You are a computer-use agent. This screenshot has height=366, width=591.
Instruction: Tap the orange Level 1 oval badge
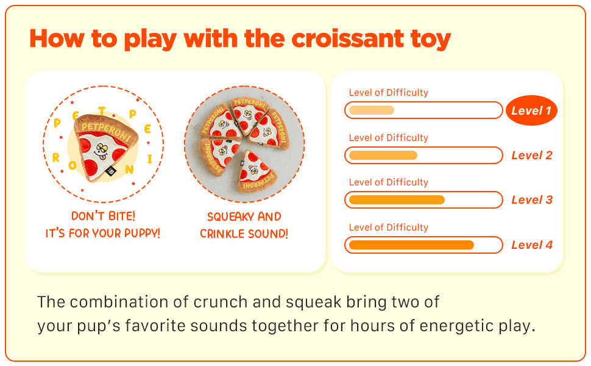click(x=531, y=110)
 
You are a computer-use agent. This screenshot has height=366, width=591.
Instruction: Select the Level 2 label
click(x=532, y=155)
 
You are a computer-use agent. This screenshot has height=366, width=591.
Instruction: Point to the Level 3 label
click(x=532, y=199)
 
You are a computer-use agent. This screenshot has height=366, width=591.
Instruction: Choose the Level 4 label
click(x=532, y=245)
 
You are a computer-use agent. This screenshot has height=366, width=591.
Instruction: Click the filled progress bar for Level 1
click(x=372, y=110)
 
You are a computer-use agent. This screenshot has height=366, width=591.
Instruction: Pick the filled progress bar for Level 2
click(x=383, y=155)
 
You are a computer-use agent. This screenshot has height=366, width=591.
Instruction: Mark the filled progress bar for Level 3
click(x=397, y=199)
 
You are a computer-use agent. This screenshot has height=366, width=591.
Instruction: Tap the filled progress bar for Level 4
click(x=412, y=245)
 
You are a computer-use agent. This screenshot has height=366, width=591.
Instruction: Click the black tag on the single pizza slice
click(x=111, y=171)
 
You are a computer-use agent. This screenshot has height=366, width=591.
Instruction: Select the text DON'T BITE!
click(x=104, y=216)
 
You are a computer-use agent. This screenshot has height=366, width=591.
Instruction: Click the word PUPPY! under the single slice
click(x=142, y=233)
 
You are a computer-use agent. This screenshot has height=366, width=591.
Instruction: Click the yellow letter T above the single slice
click(x=102, y=111)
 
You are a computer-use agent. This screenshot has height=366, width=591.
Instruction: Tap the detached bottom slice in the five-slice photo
click(x=255, y=172)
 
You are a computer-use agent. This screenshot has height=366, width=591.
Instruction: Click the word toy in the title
click(x=431, y=40)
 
